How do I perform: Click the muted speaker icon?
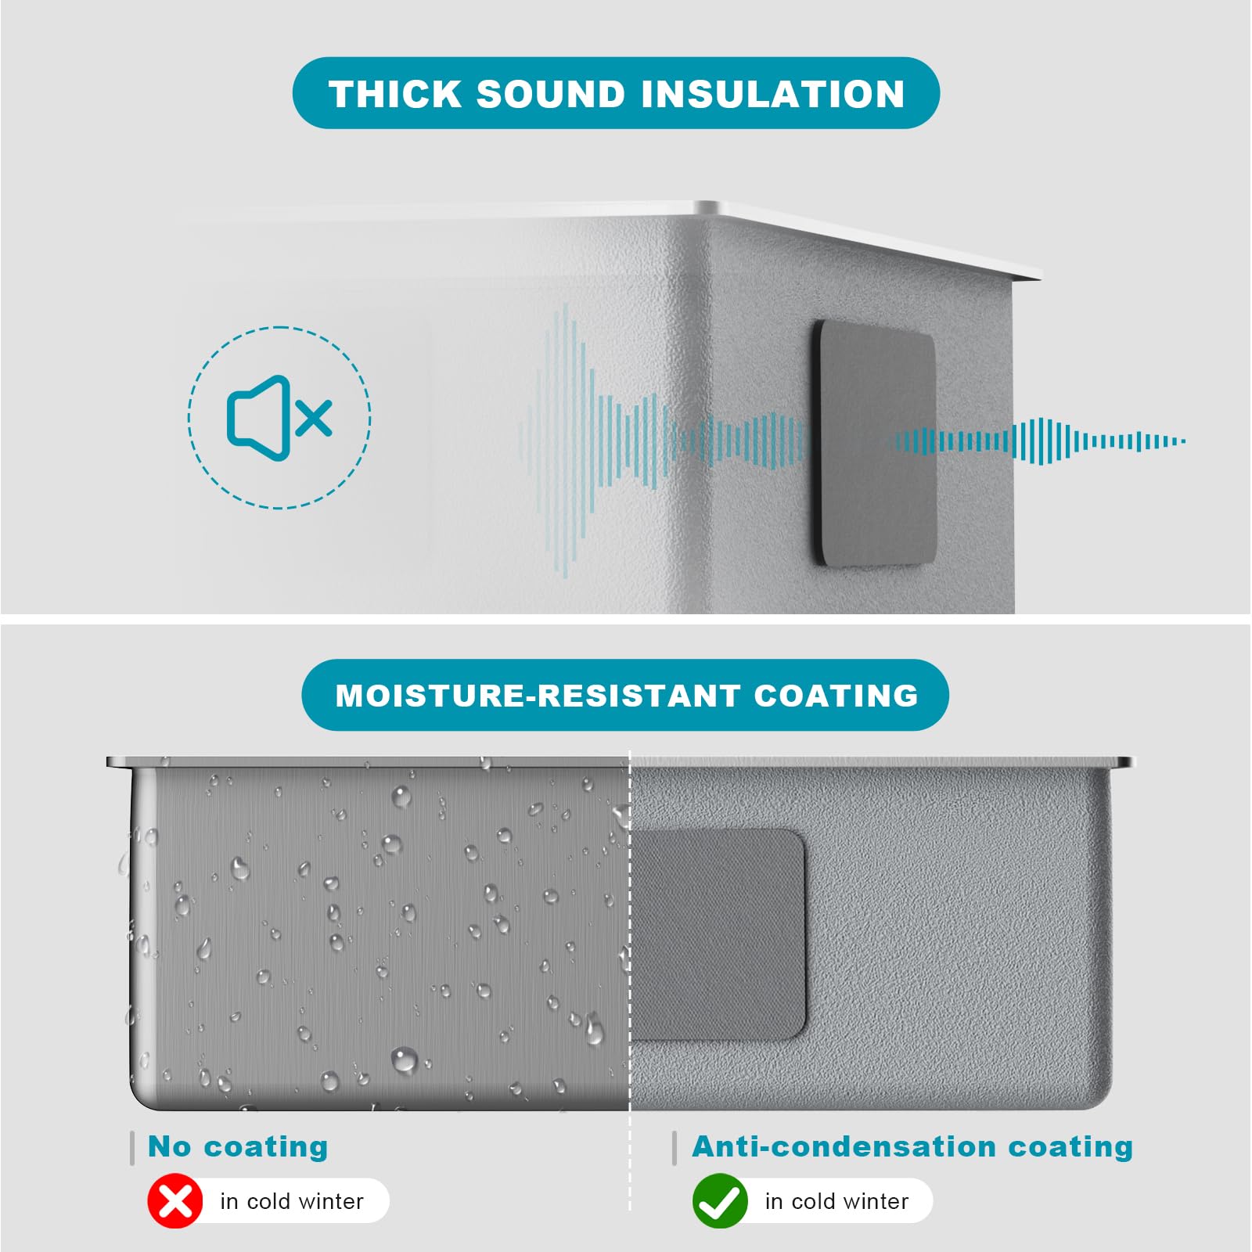pyautogui.click(x=279, y=418)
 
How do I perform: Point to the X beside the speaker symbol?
pyautogui.click(x=315, y=418)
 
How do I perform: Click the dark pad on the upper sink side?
pyautogui.click(x=875, y=443)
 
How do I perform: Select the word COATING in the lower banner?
pyautogui.click(x=836, y=696)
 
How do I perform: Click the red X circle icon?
pyautogui.click(x=175, y=1201)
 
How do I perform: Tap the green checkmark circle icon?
pyautogui.click(x=720, y=1201)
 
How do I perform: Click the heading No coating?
pyautogui.click(x=238, y=1146)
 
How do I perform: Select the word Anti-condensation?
pyautogui.click(x=844, y=1146)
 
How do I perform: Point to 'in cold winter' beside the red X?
pyautogui.click(x=292, y=1201)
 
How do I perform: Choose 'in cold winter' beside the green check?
pyautogui.click(x=836, y=1201)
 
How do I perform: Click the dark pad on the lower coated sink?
pyautogui.click(x=718, y=935)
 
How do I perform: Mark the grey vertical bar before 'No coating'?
pyautogui.click(x=132, y=1148)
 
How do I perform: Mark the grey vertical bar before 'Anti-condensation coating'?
pyautogui.click(x=675, y=1148)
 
